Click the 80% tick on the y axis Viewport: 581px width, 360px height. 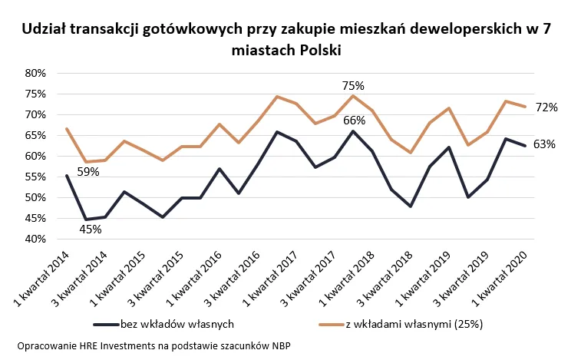click(x=37, y=73)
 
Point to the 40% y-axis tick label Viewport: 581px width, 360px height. click(x=37, y=239)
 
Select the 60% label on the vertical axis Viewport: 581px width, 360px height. click(x=37, y=156)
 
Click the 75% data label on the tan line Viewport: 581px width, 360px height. click(x=352, y=85)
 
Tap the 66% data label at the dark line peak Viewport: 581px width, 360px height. click(x=354, y=120)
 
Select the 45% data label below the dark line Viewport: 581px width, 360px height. click(x=91, y=229)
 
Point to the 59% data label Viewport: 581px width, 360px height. click(x=88, y=172)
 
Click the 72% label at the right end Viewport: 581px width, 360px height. click(x=546, y=107)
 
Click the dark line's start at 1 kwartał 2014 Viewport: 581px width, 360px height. click(x=67, y=176)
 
